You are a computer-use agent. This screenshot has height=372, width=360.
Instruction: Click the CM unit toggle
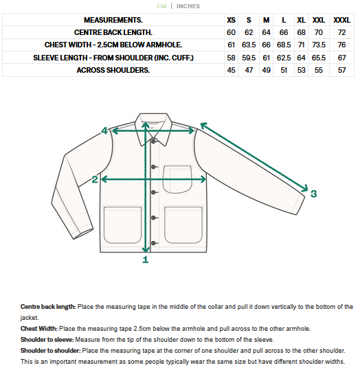(x=161, y=6)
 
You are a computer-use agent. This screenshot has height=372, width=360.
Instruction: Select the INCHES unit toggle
(x=188, y=6)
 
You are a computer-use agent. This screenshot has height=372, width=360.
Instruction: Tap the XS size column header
(x=231, y=20)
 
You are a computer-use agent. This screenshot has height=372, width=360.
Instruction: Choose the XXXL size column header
(x=341, y=20)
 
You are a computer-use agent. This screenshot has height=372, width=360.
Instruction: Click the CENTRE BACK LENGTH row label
(x=113, y=32)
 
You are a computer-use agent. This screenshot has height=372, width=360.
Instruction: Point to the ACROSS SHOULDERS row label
(x=113, y=69)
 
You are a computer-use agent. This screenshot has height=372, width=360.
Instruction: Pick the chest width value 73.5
(x=319, y=45)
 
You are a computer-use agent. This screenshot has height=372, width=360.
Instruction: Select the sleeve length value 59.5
(x=249, y=57)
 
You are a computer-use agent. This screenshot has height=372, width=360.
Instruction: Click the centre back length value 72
(x=341, y=32)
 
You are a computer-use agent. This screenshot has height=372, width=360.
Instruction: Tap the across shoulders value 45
(x=231, y=69)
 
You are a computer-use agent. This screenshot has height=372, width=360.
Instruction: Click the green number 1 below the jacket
(x=145, y=260)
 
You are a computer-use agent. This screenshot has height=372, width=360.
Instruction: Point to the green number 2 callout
(x=95, y=180)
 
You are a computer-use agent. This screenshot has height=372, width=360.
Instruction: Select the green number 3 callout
(x=313, y=194)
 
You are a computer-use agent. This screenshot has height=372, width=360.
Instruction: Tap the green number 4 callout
(x=104, y=130)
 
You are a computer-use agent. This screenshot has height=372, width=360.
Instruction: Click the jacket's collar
(x=153, y=128)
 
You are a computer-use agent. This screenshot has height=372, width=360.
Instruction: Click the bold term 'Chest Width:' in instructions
(x=38, y=328)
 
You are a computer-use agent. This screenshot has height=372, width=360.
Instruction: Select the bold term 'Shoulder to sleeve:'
(x=47, y=339)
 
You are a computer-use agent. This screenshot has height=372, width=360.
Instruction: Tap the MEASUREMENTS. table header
(x=113, y=20)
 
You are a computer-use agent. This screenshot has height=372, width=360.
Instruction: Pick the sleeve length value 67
(x=341, y=57)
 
